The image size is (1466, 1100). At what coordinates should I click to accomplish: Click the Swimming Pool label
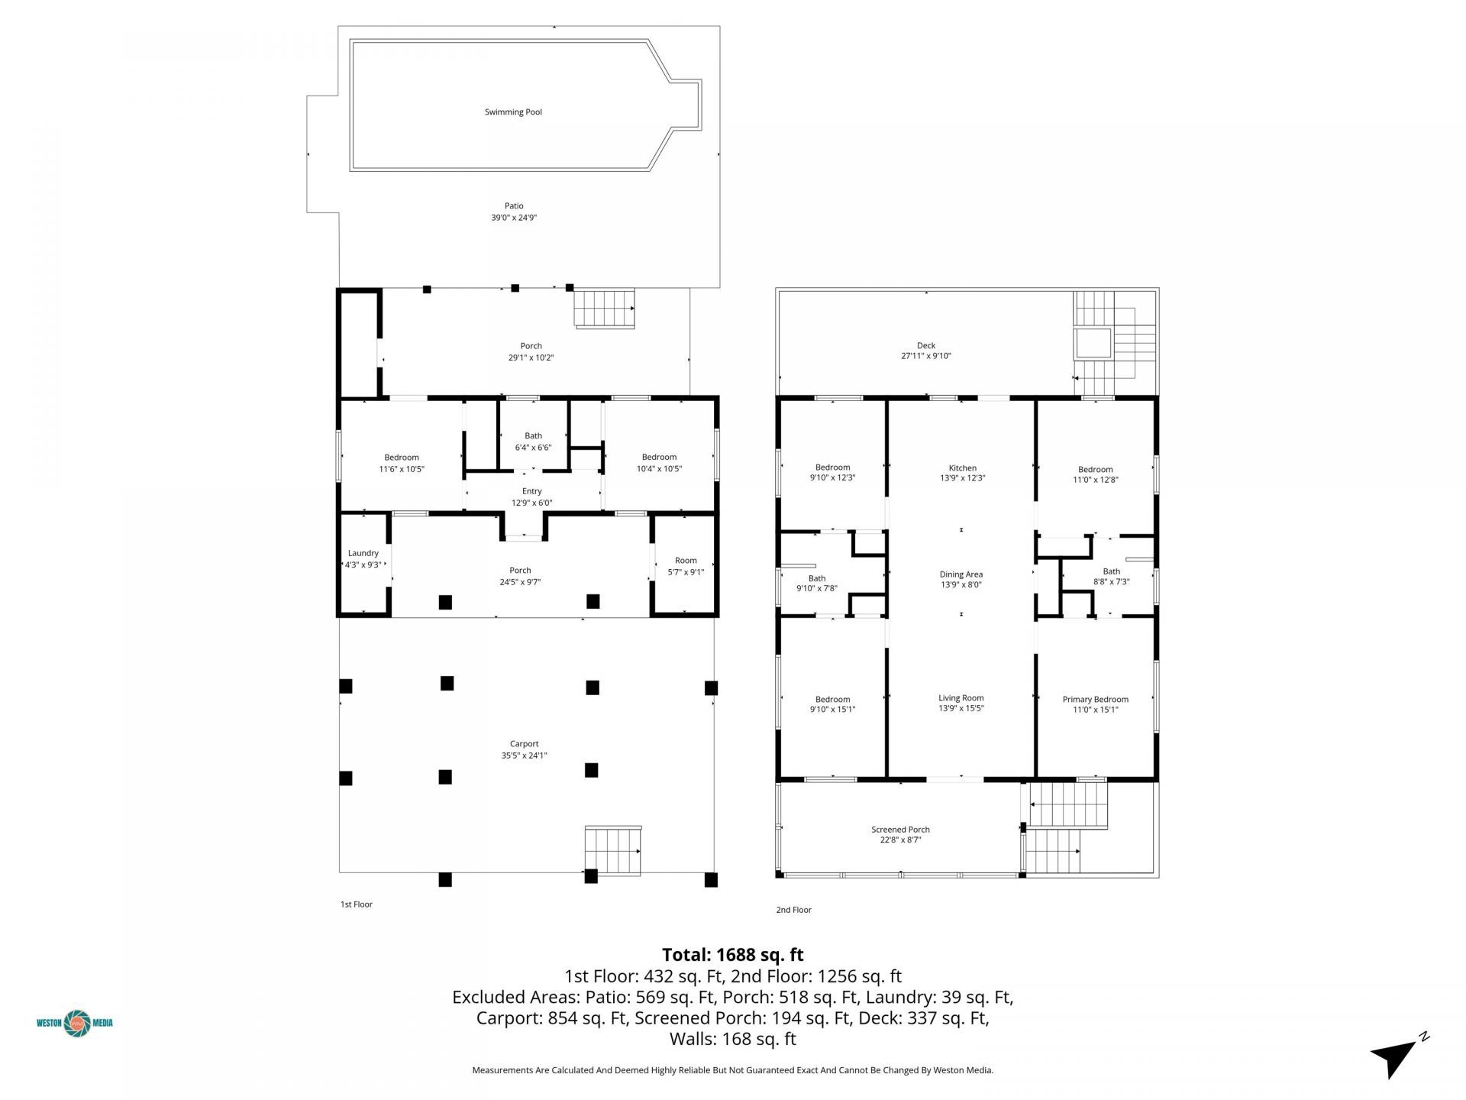pos(513,112)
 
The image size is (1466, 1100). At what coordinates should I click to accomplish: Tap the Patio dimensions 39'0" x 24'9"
pos(514,218)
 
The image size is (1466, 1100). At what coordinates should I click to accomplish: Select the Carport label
pos(524,744)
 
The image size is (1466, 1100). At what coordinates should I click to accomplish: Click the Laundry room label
pos(363,554)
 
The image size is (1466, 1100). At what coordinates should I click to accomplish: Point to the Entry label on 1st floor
pos(531,492)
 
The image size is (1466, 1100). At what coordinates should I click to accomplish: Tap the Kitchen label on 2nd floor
pos(962,468)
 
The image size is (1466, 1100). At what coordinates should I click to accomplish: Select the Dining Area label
pos(961,574)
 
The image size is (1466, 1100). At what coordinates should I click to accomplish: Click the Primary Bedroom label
pos(1095,700)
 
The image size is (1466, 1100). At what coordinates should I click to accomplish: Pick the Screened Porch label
pos(900,830)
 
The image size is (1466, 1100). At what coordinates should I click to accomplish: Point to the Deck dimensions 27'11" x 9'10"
pos(925,356)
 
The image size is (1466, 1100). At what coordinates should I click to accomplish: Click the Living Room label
pos(961,698)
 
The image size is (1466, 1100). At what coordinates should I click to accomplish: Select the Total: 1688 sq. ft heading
pos(732,955)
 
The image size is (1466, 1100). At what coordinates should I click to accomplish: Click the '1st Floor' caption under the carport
pos(356,904)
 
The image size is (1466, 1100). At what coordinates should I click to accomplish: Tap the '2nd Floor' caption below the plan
pos(793,910)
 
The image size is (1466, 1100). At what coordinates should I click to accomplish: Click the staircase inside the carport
pos(612,850)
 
